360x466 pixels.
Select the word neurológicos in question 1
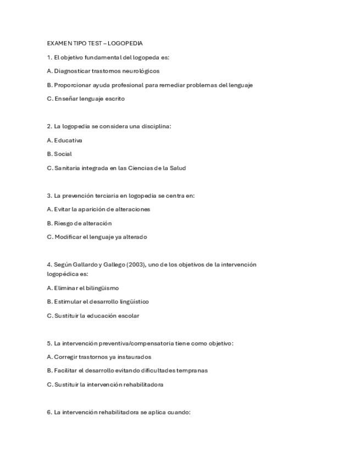pos(144,71)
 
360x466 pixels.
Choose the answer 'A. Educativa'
pos(65,140)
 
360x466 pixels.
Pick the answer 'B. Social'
pos(59,154)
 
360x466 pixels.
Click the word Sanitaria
pos(67,168)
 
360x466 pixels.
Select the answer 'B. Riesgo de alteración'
pos(79,223)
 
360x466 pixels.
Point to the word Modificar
pos(68,237)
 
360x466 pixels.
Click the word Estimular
pos(67,302)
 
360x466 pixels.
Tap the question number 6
pos(49,412)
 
